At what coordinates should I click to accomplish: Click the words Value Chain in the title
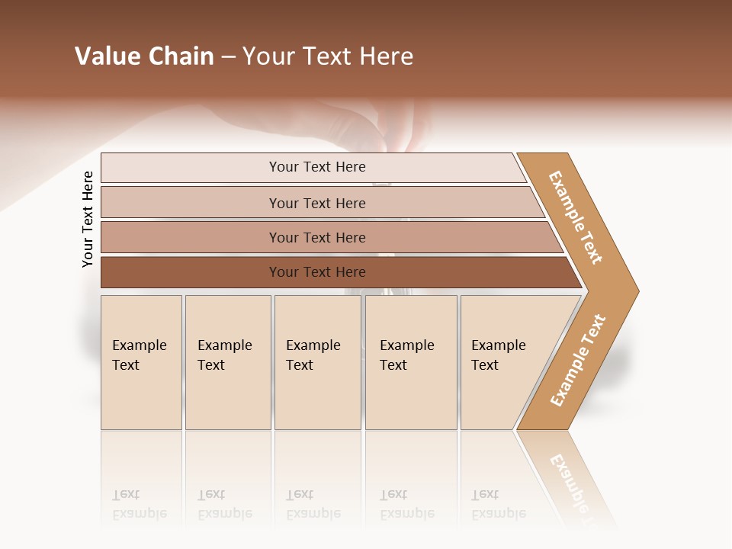(x=144, y=56)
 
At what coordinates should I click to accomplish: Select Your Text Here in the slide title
(x=328, y=56)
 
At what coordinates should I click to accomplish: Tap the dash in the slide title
(x=228, y=57)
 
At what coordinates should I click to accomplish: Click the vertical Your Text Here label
(x=88, y=219)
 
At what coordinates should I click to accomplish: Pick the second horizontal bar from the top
(x=317, y=203)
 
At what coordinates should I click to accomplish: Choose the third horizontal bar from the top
(x=317, y=237)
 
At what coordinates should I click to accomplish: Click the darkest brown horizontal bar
(x=317, y=272)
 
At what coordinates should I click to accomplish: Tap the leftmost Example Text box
(x=141, y=362)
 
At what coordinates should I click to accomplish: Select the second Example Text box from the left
(x=227, y=362)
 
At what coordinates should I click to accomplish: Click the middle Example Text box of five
(x=317, y=362)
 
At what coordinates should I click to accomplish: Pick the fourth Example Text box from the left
(x=410, y=362)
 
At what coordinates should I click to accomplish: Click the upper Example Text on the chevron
(x=576, y=217)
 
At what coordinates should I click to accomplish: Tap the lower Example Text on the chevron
(x=578, y=360)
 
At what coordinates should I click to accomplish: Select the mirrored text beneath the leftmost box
(x=139, y=504)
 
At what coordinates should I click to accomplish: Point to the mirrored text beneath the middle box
(x=313, y=504)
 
